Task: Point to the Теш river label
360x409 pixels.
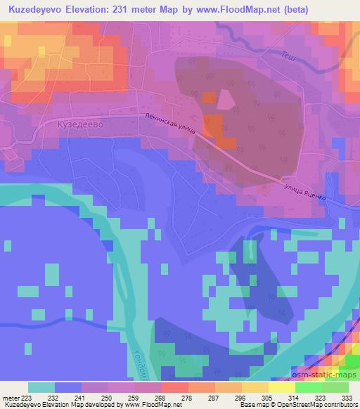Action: click(288, 58)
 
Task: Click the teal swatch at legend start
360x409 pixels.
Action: click(41, 387)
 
